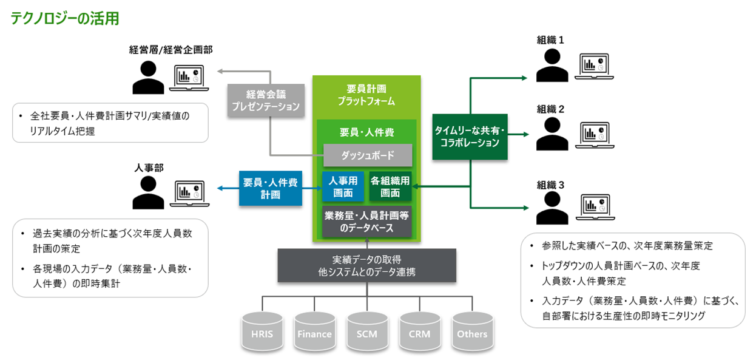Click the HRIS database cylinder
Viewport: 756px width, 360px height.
262,333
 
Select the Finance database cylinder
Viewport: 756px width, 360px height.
314,333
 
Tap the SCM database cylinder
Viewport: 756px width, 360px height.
367,333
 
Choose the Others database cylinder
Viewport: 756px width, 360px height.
472,333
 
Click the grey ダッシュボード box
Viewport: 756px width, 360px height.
367,155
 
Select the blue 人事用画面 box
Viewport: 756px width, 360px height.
343,186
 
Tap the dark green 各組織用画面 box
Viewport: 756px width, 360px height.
390,186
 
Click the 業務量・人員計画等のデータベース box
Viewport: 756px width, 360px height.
367,222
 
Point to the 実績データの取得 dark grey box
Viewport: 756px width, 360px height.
367,265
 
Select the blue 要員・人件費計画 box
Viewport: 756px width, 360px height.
271,188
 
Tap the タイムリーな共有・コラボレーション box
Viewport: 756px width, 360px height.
470,137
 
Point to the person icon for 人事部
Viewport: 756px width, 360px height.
147,193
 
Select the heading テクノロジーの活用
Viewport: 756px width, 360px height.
64,18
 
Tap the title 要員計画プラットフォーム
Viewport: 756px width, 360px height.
366,94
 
